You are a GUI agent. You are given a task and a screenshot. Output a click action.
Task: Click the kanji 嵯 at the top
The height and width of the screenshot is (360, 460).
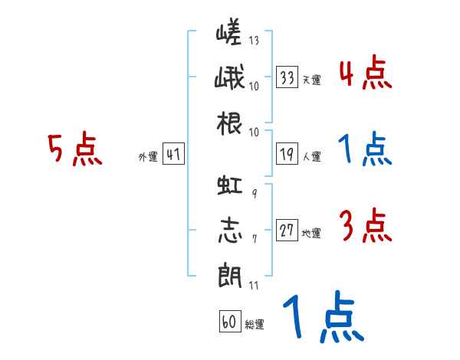pyautogui.click(x=228, y=31)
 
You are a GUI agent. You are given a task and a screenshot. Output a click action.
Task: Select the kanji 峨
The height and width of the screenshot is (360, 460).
pyautogui.click(x=229, y=77)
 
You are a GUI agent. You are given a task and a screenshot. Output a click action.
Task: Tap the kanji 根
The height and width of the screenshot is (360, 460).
pyautogui.click(x=229, y=123)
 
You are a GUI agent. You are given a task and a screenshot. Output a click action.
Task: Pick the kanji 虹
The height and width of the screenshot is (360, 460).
pyautogui.click(x=230, y=185)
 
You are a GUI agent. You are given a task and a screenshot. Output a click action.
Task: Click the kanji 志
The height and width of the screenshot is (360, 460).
pyautogui.click(x=230, y=230)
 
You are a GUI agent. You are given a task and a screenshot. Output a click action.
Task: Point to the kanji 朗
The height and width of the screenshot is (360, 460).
pyautogui.click(x=230, y=275)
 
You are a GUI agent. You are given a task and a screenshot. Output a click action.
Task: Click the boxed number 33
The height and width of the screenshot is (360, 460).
pyautogui.click(x=287, y=77)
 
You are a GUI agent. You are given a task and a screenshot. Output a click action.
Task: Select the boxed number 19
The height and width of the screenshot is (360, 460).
pyautogui.click(x=287, y=154)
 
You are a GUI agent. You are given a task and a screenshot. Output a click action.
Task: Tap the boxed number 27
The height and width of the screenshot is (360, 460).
pyautogui.click(x=287, y=230)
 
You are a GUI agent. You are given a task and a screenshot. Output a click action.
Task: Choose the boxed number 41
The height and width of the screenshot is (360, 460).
pyautogui.click(x=173, y=154)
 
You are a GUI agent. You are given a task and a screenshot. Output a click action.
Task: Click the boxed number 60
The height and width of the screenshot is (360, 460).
pyautogui.click(x=230, y=321)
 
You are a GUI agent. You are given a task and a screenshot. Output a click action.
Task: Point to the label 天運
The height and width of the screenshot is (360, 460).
pyautogui.click(x=311, y=80)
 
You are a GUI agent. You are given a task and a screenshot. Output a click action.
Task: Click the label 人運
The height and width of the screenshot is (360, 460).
pyautogui.click(x=311, y=156)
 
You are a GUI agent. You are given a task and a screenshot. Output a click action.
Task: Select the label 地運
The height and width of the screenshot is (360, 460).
pyautogui.click(x=311, y=233)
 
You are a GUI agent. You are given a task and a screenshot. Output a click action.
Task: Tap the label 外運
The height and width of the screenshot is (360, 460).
pyautogui.click(x=148, y=156)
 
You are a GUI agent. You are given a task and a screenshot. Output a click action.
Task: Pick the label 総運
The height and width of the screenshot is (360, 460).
pyautogui.click(x=255, y=324)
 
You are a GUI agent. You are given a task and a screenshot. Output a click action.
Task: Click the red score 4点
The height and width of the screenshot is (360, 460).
pyautogui.click(x=366, y=73)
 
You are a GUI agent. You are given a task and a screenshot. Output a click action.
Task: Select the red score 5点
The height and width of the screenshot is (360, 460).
pyautogui.click(x=75, y=149)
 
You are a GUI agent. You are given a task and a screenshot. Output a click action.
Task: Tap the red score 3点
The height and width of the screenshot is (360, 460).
pyautogui.click(x=366, y=225)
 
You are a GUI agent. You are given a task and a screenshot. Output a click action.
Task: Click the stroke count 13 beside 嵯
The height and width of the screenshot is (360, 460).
pyautogui.click(x=254, y=40)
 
